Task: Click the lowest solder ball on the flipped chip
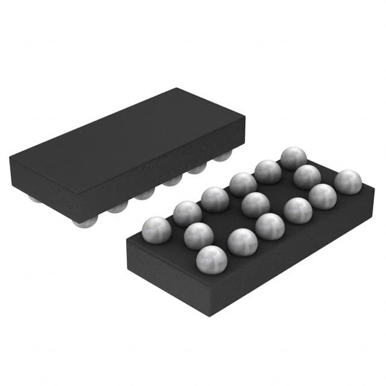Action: click(212, 259)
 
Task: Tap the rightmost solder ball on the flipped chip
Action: click(348, 182)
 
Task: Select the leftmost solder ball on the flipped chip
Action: click(156, 230)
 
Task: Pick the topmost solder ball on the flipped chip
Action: click(293, 158)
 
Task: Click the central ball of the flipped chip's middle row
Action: click(255, 204)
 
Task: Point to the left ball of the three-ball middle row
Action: click(198, 235)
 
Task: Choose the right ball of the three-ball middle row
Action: click(307, 177)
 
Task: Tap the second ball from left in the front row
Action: click(242, 241)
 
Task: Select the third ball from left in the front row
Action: click(270, 226)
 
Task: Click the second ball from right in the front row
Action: click(323, 196)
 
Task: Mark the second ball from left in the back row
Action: click(187, 213)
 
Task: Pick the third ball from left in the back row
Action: click(215, 199)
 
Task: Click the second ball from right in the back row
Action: click(268, 171)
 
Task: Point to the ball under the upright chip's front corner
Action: click(86, 223)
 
